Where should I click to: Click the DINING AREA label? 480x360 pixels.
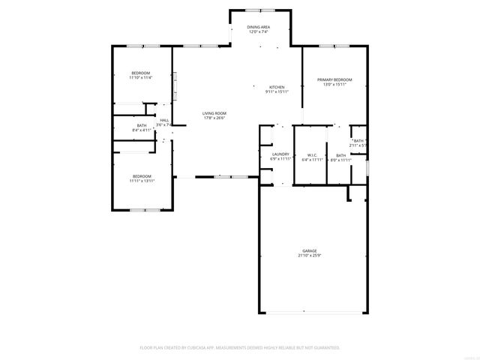[x=259, y=27]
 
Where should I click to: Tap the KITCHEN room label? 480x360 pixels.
[x=277, y=87]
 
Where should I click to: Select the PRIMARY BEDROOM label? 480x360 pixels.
[x=334, y=79]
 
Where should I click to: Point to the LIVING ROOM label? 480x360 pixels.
[x=214, y=112]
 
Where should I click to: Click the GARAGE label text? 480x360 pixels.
[x=309, y=250]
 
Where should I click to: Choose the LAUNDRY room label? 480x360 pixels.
[x=280, y=154]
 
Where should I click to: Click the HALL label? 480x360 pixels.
[x=163, y=120]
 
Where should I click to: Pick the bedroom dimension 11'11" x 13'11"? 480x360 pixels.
[x=141, y=181]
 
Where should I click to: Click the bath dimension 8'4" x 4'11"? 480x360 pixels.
[x=142, y=130]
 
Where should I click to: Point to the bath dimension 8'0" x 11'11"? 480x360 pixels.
[x=340, y=160]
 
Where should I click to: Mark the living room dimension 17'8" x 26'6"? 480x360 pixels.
[x=214, y=118]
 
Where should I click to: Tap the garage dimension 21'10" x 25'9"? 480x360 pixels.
[x=309, y=256]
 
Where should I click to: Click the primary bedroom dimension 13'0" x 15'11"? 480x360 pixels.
[x=334, y=85]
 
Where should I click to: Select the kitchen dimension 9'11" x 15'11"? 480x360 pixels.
[x=277, y=92]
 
